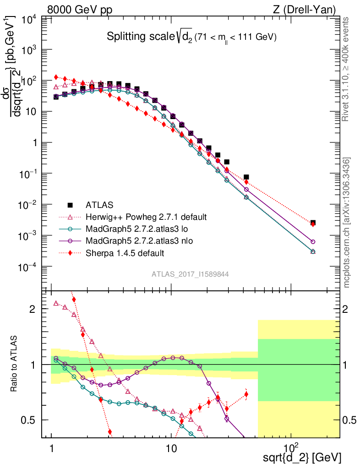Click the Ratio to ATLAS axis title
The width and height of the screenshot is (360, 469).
15,364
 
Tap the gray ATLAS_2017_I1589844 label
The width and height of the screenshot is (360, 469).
190,274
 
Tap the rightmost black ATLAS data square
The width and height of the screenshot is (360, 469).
313,223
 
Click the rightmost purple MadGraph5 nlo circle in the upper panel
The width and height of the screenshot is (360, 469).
313,241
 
